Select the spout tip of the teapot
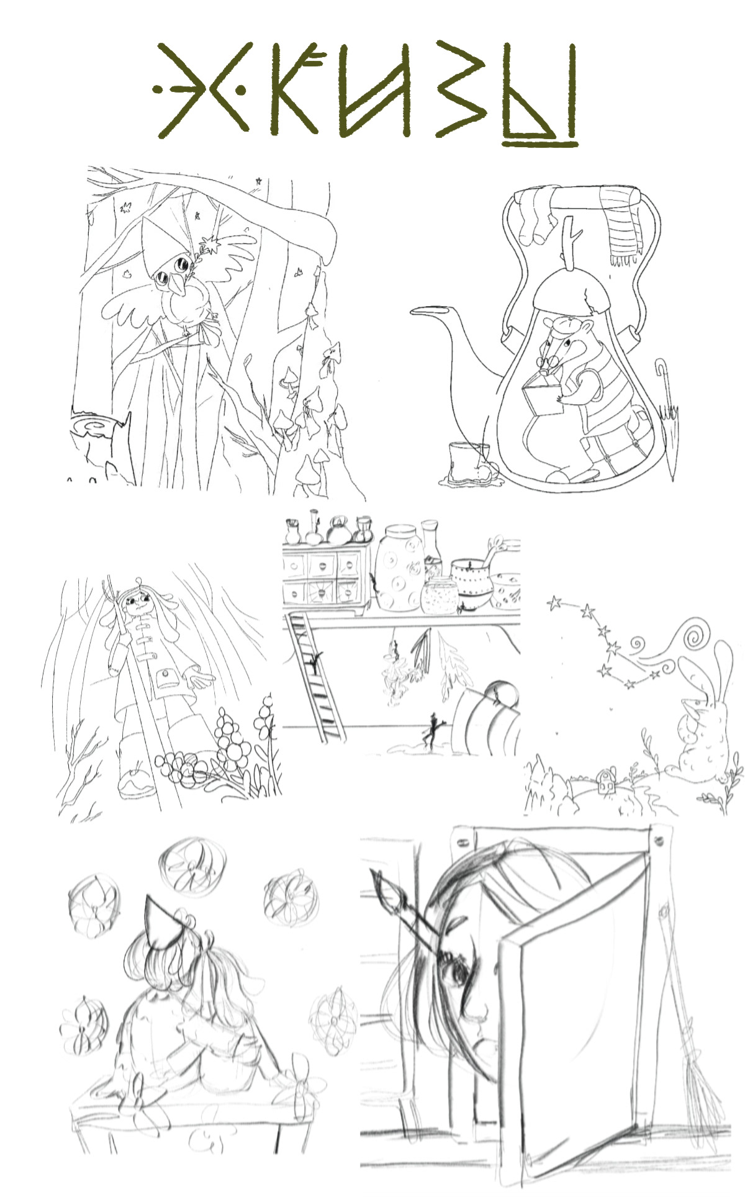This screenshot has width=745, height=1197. click(413, 310)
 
